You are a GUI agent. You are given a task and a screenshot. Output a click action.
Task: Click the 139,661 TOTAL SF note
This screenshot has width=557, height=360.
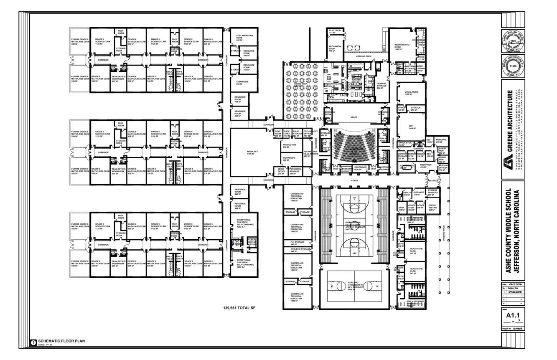(x=239, y=308)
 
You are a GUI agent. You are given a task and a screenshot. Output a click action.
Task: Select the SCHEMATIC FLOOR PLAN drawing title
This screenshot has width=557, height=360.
(x=61, y=341)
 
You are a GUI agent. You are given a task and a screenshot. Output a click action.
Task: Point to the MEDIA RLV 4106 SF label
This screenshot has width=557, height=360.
(x=251, y=153)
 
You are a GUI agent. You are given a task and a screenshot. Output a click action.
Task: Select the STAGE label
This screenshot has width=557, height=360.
(x=354, y=117)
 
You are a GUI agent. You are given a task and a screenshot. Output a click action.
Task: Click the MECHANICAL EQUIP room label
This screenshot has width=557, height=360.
(x=335, y=48)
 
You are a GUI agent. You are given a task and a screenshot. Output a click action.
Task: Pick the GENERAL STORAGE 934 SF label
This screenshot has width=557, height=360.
(x=382, y=86)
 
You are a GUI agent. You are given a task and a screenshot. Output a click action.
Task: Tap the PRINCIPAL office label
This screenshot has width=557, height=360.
(x=441, y=141)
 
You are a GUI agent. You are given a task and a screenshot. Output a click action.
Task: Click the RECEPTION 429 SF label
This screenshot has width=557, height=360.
(x=425, y=166)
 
